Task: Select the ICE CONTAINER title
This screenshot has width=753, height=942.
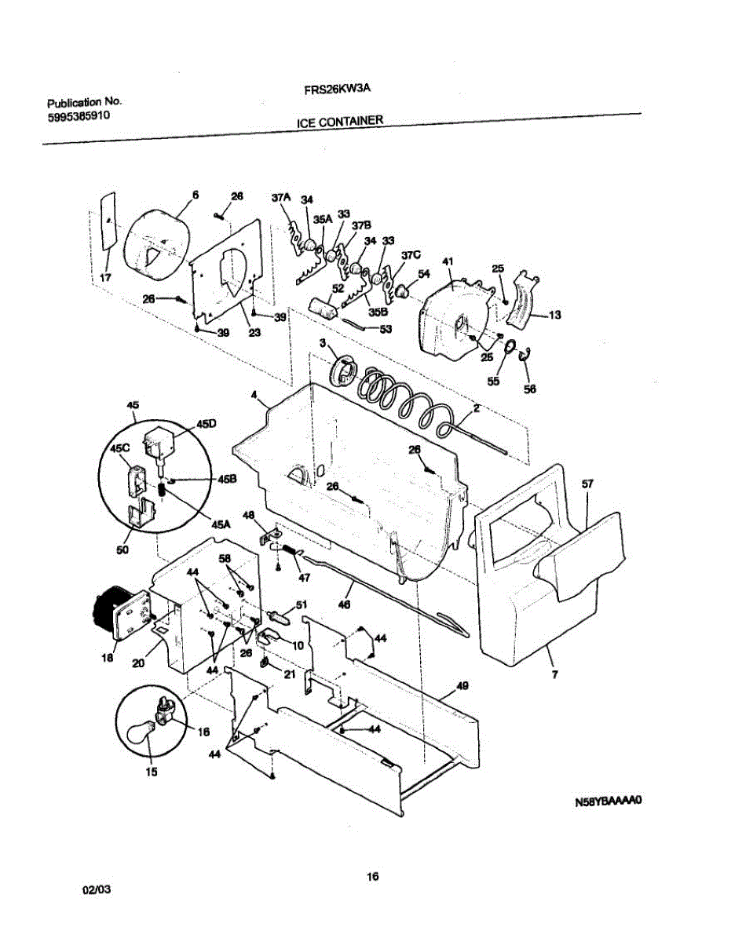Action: coord(340,122)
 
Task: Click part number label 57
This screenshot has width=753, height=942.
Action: coord(587,484)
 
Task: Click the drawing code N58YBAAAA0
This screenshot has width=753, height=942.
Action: coord(609,802)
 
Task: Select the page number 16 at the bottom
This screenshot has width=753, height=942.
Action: coord(373,877)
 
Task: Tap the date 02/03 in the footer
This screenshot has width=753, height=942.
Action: coord(97,890)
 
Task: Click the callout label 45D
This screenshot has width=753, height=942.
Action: coord(207,423)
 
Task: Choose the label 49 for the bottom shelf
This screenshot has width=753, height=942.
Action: coord(462,686)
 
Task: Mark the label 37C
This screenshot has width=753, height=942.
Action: coord(411,255)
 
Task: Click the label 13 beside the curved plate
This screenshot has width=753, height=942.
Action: coord(554,316)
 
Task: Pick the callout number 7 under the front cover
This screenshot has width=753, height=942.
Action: coord(554,674)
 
